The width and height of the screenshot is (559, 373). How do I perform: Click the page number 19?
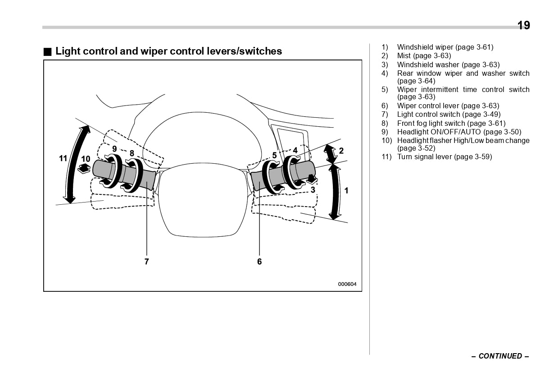tap(523, 25)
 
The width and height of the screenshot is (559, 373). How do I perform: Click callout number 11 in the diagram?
tap(63, 158)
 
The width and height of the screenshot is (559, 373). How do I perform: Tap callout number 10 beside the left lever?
tap(86, 159)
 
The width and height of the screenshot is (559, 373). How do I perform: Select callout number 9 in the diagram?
tap(114, 148)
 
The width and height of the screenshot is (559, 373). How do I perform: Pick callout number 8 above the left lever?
tap(132, 153)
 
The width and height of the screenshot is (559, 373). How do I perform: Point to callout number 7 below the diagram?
tap(147, 261)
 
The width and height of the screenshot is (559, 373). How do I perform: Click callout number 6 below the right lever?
tap(259, 261)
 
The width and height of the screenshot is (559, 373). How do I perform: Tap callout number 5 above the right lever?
tap(274, 156)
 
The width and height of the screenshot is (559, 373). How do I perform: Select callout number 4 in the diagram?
tap(295, 150)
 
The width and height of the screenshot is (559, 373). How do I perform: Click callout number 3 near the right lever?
tap(313, 190)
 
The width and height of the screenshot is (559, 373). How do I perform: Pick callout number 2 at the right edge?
tap(341, 151)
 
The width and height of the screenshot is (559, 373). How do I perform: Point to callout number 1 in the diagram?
tap(346, 191)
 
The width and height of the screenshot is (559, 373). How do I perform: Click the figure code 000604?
tap(347, 284)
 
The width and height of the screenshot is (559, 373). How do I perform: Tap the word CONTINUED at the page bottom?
tap(500, 356)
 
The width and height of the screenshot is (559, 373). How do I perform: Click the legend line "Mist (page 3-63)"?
tap(423, 56)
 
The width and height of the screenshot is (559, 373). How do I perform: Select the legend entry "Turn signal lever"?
tap(444, 157)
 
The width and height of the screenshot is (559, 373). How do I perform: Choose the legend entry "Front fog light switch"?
tap(451, 123)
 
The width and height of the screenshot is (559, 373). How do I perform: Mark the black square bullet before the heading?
tap(47, 51)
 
